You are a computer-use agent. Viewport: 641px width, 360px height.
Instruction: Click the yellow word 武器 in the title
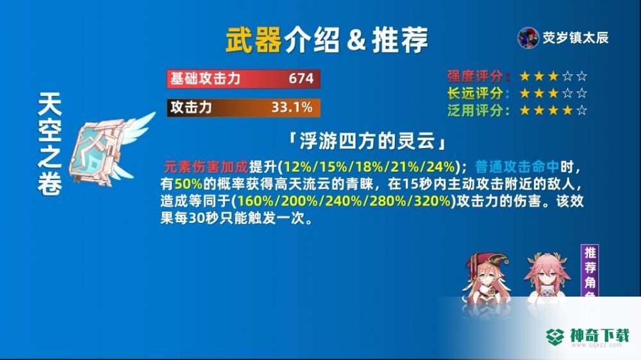point(253,40)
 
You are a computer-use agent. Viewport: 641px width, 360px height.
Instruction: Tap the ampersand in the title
point(356,40)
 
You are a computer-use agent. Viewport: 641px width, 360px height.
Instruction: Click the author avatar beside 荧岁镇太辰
point(528,38)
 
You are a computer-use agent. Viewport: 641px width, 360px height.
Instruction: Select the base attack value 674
point(301,78)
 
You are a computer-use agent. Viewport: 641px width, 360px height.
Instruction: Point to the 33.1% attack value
point(292,108)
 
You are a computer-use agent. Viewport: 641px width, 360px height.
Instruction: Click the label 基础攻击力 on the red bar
point(205,78)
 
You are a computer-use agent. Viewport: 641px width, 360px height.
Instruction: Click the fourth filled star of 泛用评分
point(567,110)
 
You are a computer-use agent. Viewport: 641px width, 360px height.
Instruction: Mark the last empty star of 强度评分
point(582,76)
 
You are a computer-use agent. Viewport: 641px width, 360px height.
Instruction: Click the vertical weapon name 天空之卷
point(50,144)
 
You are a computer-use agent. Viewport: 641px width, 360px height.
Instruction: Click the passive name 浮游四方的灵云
point(367,142)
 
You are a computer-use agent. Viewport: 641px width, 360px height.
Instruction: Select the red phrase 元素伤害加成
point(206,167)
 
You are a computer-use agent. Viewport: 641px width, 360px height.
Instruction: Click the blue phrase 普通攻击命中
point(517,167)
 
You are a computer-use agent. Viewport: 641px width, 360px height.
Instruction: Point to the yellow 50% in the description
point(188,184)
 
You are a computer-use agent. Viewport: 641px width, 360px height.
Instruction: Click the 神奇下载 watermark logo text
point(600,336)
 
